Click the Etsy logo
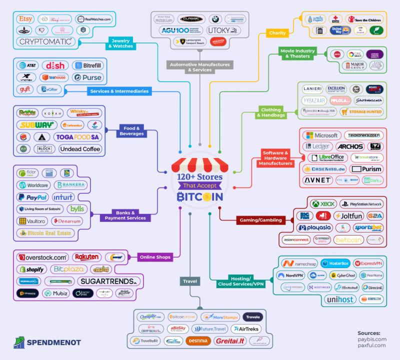point(25,19)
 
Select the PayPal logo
point(33,197)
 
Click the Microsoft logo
point(322,135)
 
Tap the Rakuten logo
point(86,257)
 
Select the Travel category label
point(190,281)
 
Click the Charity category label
point(277,33)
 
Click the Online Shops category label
point(155,257)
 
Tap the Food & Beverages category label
point(132,130)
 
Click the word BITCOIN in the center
point(200,197)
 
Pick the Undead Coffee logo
point(80,148)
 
